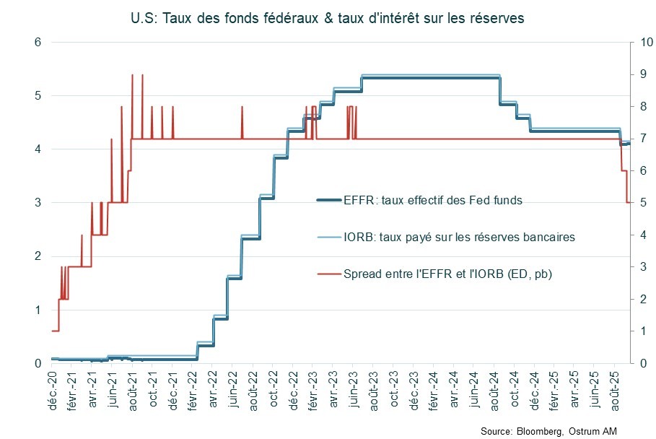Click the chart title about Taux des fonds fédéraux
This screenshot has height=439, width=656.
(328, 17)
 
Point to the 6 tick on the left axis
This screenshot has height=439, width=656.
(38, 43)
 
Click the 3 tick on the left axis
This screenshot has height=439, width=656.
(38, 203)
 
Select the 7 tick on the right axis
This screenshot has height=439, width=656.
(641, 139)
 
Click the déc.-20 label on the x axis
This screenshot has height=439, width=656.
(51, 389)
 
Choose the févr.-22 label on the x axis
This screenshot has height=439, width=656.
(193, 389)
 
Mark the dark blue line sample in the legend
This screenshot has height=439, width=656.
(329, 200)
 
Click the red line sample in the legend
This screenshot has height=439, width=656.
(329, 274)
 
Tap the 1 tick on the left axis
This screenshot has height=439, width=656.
(38, 310)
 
